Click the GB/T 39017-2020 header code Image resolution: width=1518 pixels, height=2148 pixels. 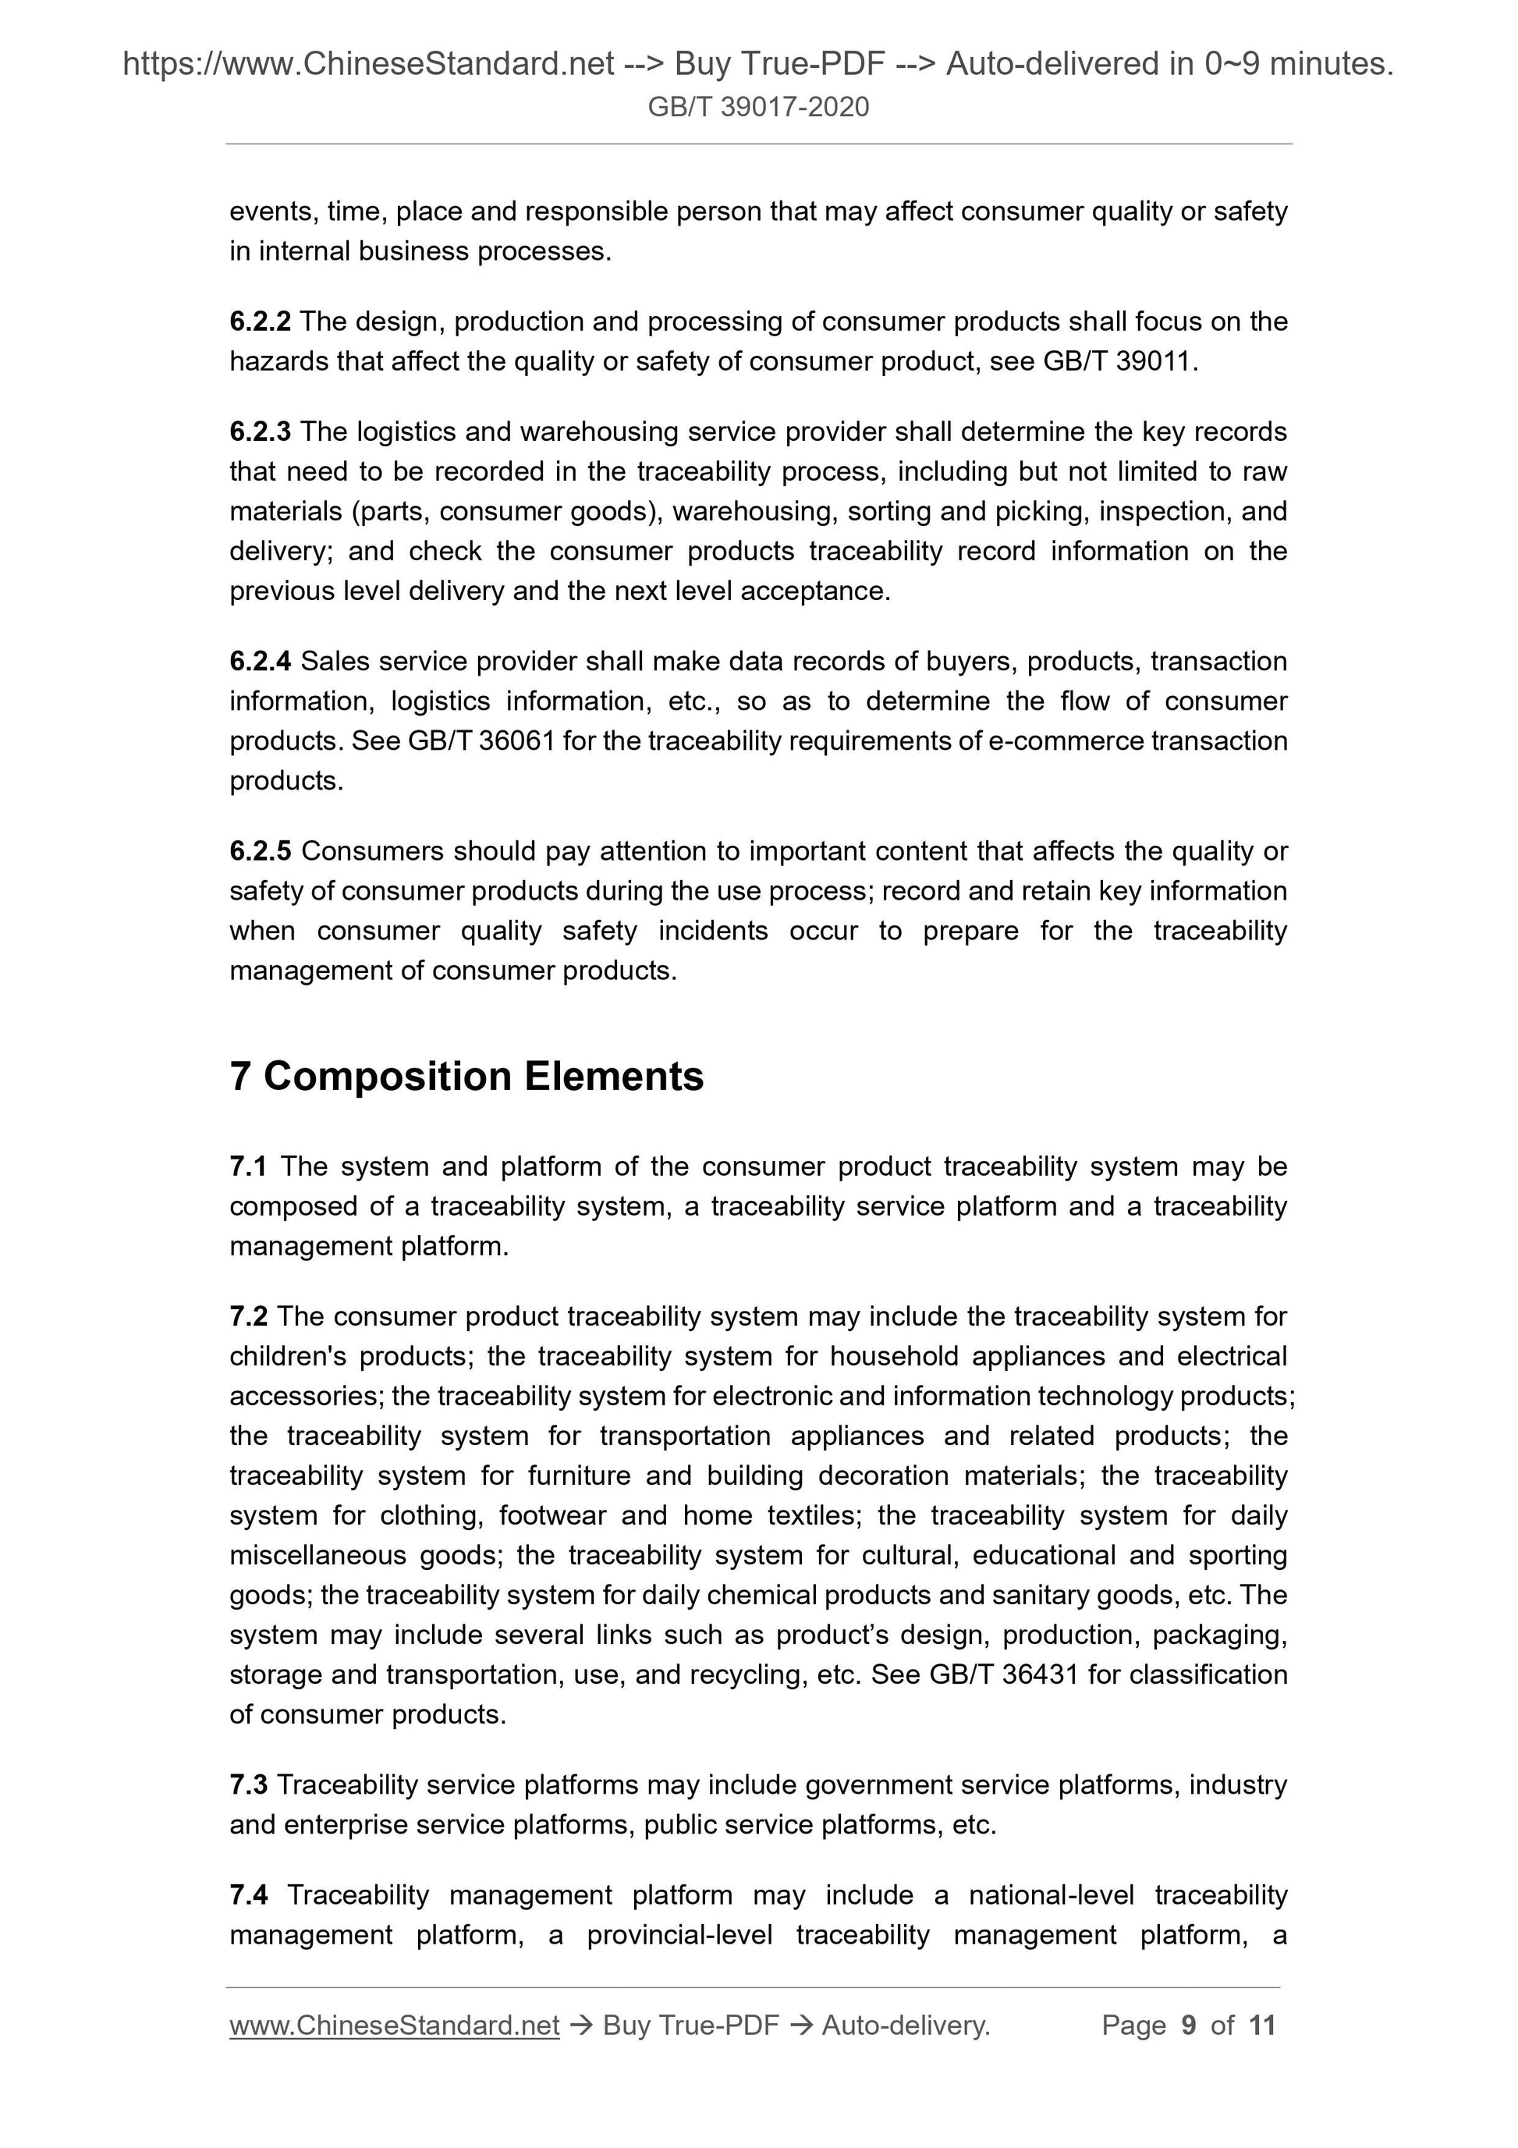point(757,107)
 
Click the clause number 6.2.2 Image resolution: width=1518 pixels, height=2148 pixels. point(259,321)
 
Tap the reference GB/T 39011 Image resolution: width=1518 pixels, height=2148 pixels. point(1118,362)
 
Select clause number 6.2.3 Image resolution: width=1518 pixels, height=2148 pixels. point(259,432)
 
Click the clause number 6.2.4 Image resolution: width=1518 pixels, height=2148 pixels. point(259,662)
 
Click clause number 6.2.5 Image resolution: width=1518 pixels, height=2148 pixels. point(259,851)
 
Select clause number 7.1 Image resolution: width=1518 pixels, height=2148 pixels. point(248,1166)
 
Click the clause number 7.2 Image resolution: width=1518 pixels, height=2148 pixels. point(248,1316)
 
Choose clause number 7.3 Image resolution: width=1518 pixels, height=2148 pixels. point(248,1785)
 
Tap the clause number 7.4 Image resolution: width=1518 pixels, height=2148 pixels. point(248,1895)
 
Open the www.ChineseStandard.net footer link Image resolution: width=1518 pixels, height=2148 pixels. point(394,2026)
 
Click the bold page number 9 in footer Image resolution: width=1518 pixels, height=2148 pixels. point(1188,2026)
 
